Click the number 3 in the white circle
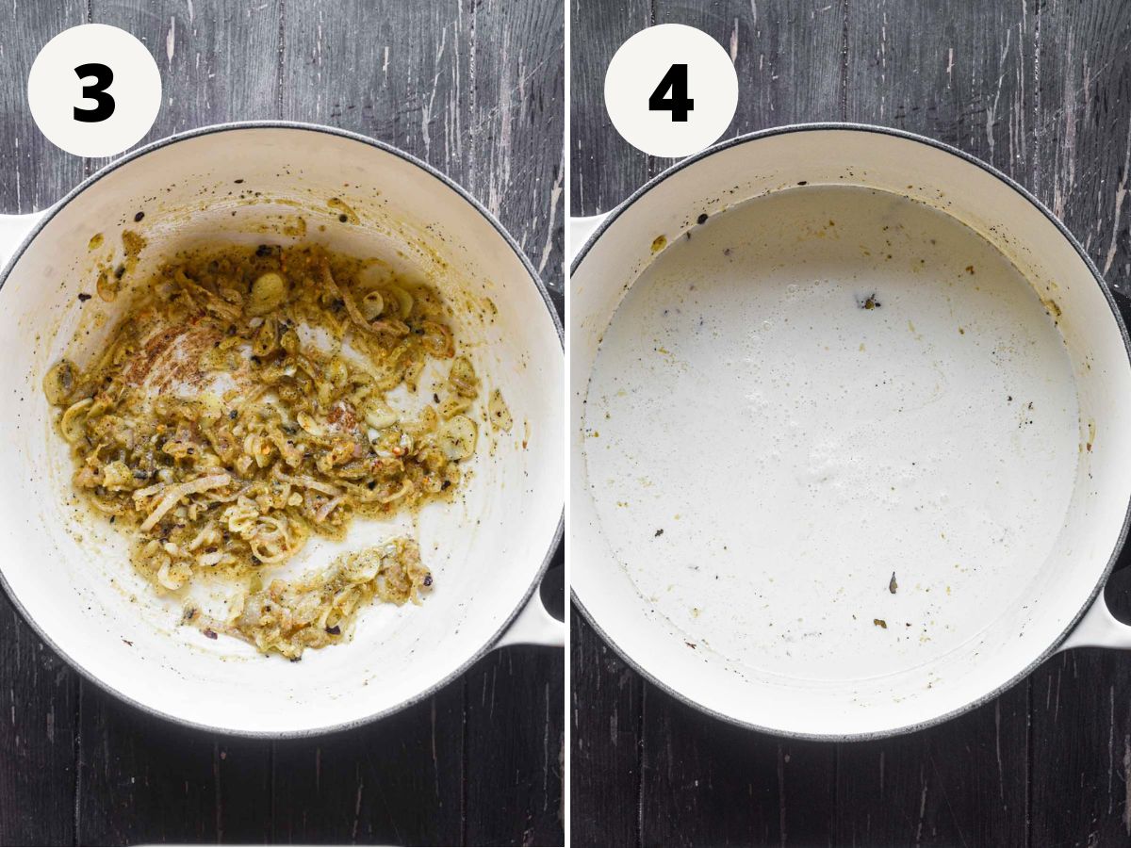[x=93, y=92]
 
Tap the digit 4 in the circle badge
[x=671, y=92]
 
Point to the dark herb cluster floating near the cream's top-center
[x=870, y=301]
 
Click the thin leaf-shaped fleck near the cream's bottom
[x=893, y=582]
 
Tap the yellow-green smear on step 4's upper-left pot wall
[x=658, y=243]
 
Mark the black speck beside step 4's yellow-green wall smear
[x=701, y=219]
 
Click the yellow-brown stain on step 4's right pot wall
[x=1051, y=307]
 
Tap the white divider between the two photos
[x=567, y=424]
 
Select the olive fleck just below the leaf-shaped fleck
[x=879, y=624]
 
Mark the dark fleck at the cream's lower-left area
[x=659, y=533]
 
